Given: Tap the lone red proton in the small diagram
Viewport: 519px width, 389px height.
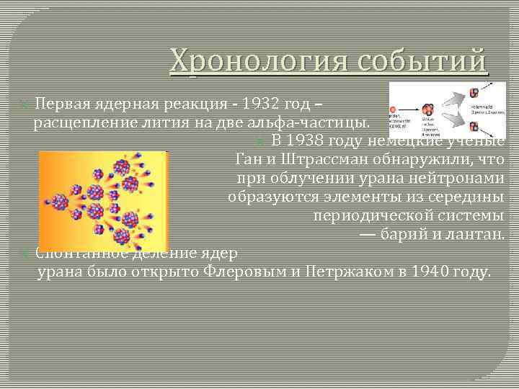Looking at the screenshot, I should tap(394, 112).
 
